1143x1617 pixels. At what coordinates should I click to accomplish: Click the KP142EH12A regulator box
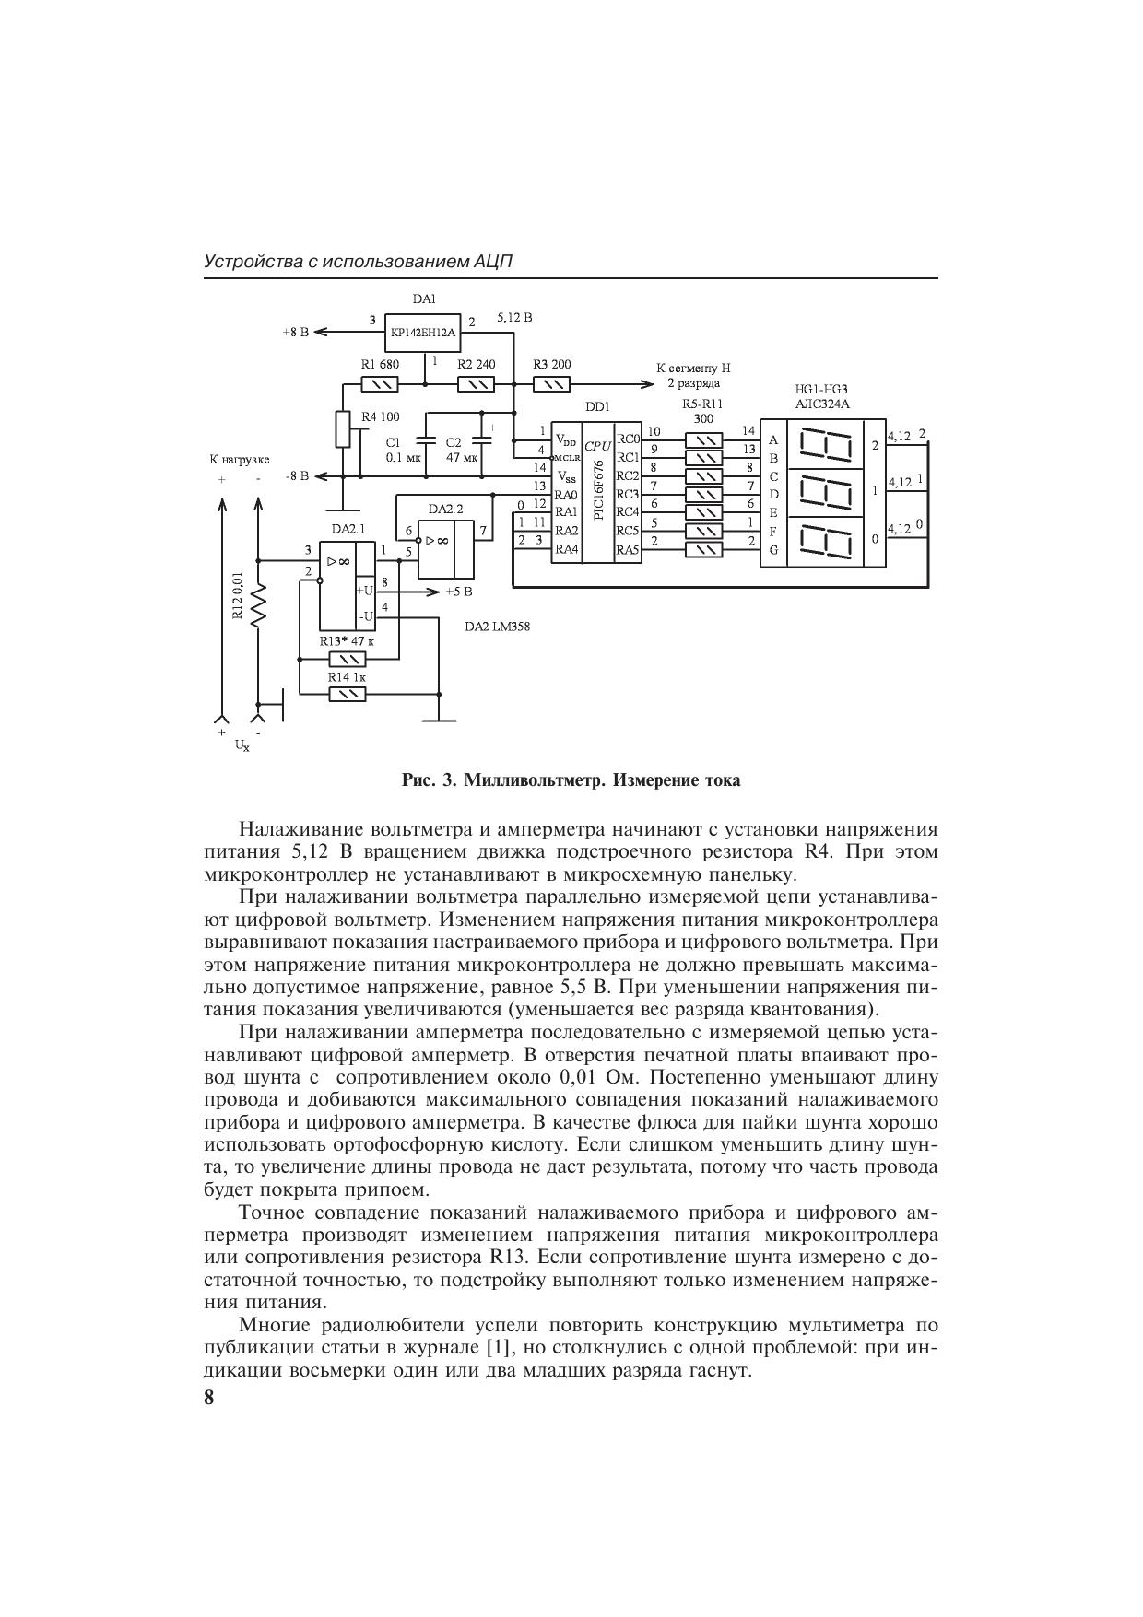pos(423,332)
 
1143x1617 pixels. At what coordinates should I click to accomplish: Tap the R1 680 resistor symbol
pos(380,384)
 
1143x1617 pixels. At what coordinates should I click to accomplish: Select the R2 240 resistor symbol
pos(476,384)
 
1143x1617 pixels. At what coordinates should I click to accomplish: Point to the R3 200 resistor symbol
pos(551,384)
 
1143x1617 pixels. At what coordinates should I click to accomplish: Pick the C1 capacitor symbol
pos(426,440)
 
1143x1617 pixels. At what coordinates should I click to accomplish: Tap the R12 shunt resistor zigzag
pos(259,603)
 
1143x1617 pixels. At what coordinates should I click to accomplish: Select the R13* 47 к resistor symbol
pos(347,659)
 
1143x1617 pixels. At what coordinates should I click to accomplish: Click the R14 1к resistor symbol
pos(347,694)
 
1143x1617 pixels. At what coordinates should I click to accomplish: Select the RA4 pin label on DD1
pos(566,549)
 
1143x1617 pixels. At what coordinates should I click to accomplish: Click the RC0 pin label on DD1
pos(628,439)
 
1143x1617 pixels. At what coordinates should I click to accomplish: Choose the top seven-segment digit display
pos(822,446)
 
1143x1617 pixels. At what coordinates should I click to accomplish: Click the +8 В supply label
pos(295,332)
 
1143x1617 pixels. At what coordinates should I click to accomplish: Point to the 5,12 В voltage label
pos(514,317)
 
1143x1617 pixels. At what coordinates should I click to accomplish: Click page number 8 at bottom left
pos(209,1398)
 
